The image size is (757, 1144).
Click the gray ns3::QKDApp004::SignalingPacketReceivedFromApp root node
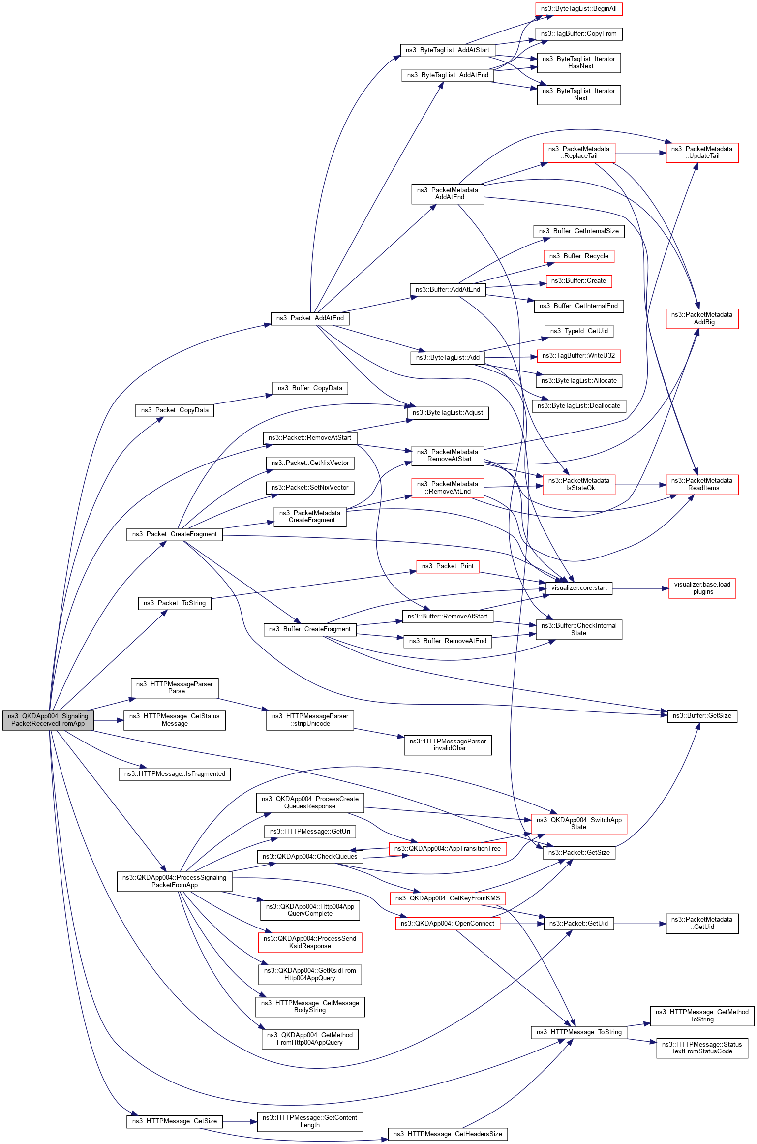[x=48, y=720]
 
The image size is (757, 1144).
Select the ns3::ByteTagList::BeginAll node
[x=578, y=9]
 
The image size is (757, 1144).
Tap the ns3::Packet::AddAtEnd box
[x=310, y=318]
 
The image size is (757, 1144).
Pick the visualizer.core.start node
[x=578, y=588]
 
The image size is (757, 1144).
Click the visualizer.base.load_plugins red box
[x=702, y=588]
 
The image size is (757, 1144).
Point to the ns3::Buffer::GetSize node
[x=701, y=716]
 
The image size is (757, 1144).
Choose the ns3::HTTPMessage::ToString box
[x=578, y=1032]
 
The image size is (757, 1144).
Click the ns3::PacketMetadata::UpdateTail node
[x=701, y=153]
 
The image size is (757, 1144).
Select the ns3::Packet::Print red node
[x=447, y=566]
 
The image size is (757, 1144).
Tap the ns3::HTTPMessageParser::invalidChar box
[x=447, y=745]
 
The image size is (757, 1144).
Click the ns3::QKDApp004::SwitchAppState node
[x=578, y=824]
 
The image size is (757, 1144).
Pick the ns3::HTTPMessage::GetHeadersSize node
[x=447, y=1134]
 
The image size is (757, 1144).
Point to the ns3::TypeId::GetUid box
[x=578, y=331]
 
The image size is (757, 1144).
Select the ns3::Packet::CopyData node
[x=175, y=410]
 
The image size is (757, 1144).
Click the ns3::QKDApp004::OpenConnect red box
[x=447, y=924]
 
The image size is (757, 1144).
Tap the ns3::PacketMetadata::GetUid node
[x=701, y=923]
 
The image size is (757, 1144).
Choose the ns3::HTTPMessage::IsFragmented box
[x=175, y=774]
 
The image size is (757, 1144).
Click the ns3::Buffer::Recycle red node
[x=578, y=256]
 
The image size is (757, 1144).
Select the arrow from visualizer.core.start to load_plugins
[x=640, y=588]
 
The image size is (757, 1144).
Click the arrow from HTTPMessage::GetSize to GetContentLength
[x=240, y=1122]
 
